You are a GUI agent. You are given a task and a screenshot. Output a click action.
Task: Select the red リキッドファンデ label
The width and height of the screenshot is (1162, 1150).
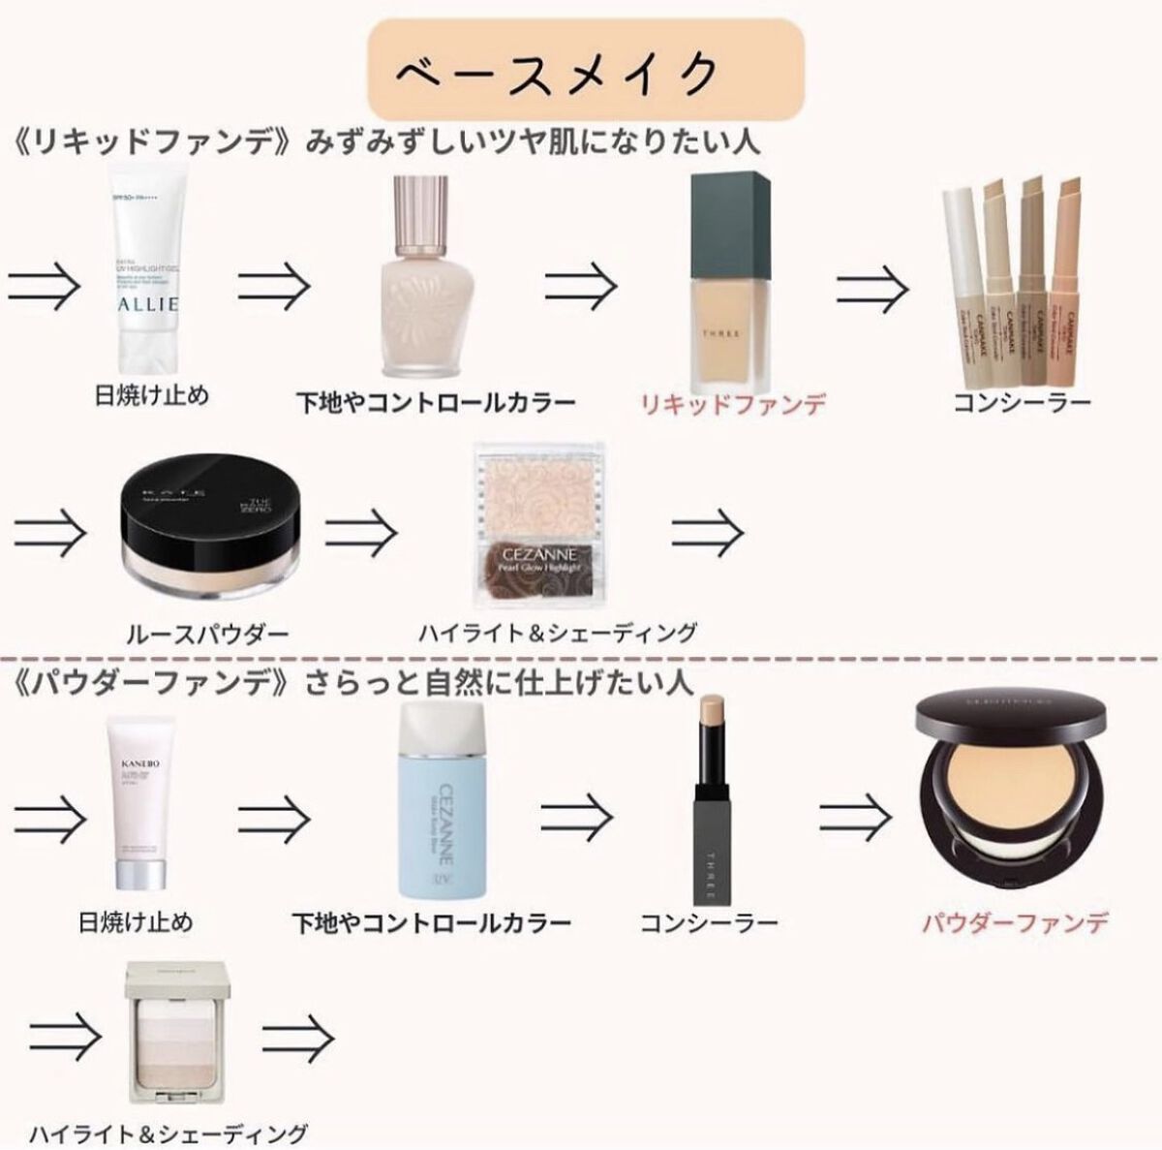click(733, 403)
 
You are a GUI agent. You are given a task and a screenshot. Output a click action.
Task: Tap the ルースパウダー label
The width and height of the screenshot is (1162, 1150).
click(207, 635)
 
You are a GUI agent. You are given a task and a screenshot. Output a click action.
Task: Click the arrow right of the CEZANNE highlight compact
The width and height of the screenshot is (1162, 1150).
click(708, 530)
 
